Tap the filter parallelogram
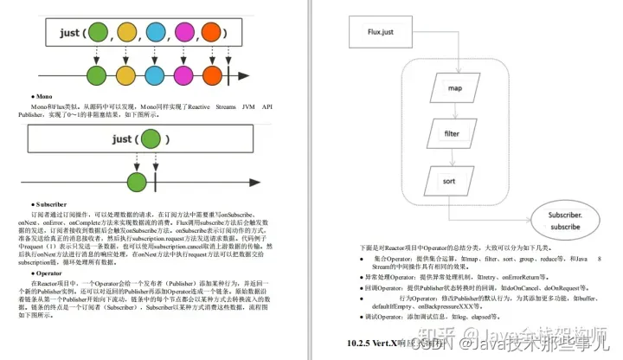(452, 133)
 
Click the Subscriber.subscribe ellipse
(564, 220)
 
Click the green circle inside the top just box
(98, 35)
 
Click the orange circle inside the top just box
(212, 35)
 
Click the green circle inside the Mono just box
(151, 138)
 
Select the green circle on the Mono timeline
(135, 181)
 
